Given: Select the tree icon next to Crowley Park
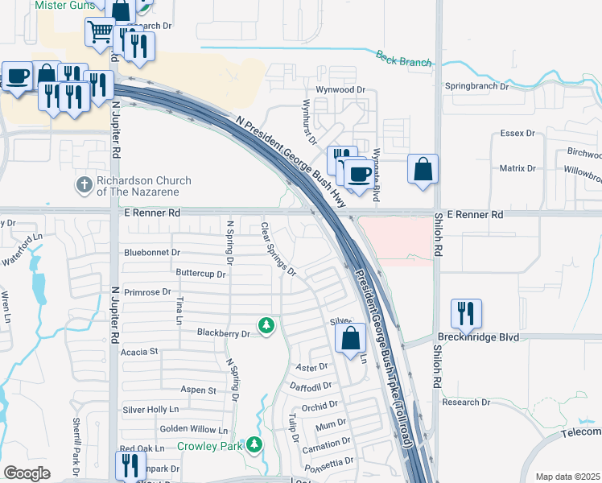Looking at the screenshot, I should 254,444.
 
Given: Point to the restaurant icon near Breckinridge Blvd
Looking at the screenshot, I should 466,314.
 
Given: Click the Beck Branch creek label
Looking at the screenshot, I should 403,58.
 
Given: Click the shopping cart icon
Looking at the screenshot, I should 101,33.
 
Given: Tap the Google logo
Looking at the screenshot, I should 27,473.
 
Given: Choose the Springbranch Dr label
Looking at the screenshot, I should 476,85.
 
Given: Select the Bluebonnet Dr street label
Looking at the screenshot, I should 151,252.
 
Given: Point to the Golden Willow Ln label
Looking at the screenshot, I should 193,429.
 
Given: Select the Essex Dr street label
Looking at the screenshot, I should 517,133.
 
